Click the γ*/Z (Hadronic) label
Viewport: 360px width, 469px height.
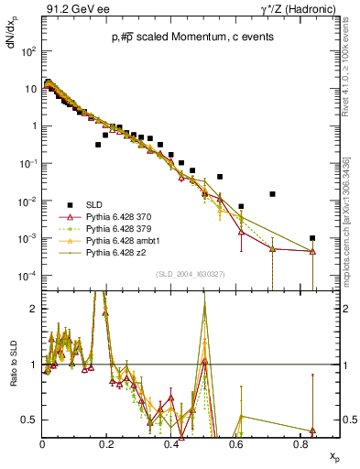pos(299,9)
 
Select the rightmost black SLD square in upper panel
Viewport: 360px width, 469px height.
pos(312,238)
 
